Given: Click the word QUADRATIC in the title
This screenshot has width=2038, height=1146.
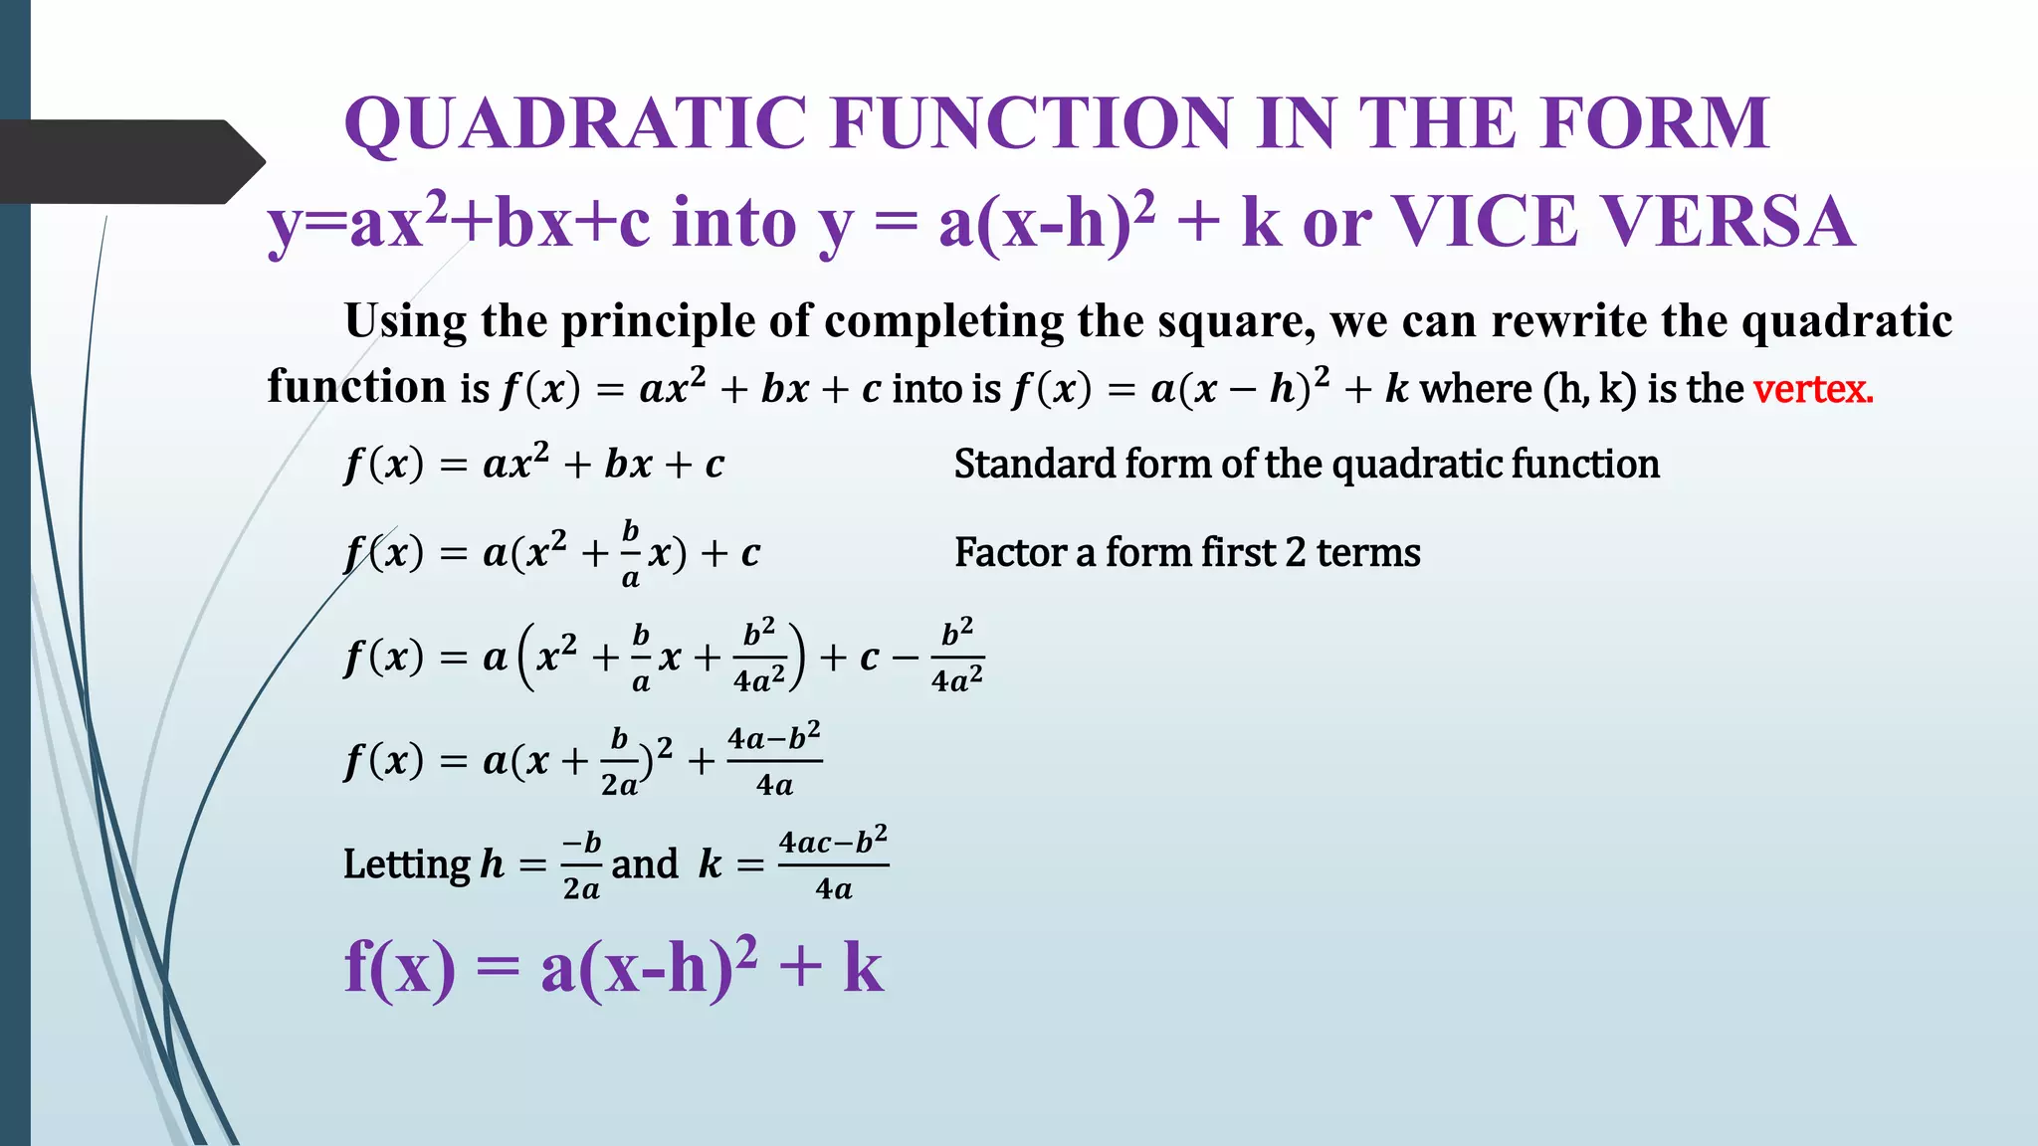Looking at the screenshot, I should (x=575, y=124).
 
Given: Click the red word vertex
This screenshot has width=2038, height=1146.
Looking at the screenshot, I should (x=1813, y=388).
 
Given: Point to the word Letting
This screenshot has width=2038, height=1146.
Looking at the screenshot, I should (x=406, y=864).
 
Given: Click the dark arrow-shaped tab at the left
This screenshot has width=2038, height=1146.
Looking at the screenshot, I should (x=129, y=161).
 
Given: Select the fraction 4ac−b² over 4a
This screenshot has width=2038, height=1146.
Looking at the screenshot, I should (x=833, y=863).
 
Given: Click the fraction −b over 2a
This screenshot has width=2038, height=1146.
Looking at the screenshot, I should (x=581, y=864).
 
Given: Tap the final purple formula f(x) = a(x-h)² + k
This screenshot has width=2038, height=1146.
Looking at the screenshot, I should (x=613, y=967).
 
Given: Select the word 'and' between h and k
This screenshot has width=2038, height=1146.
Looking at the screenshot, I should (x=644, y=864).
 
